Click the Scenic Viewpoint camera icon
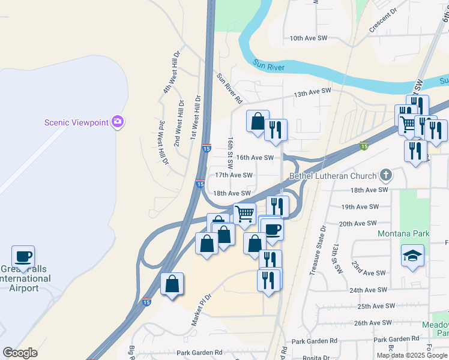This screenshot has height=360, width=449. (x=118, y=122)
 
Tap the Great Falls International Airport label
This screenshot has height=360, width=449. (x=25, y=279)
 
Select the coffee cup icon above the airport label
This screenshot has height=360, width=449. (x=23, y=257)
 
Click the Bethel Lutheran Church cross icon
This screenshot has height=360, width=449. (x=386, y=176)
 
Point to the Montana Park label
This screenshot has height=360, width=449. (x=400, y=233)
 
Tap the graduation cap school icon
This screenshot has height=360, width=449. (x=412, y=256)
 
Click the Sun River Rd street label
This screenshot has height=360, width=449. (x=229, y=88)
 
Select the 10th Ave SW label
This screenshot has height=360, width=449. (x=308, y=38)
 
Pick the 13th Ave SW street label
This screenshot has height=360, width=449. (x=312, y=91)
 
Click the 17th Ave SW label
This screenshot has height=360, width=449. (x=234, y=175)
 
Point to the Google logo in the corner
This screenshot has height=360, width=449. (x=20, y=353)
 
